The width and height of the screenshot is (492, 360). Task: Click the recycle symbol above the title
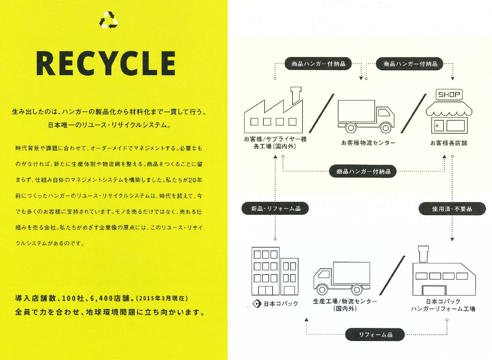pyautogui.click(x=109, y=19)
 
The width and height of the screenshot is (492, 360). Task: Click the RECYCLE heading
pyautogui.click(x=106, y=64)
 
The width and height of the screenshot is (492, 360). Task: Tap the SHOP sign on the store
pyautogui.click(x=448, y=95)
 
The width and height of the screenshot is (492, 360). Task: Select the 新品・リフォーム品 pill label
pyautogui.click(x=276, y=208)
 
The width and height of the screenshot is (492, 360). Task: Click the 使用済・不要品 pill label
pyautogui.click(x=452, y=209)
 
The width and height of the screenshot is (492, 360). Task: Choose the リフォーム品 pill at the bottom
pyautogui.click(x=375, y=335)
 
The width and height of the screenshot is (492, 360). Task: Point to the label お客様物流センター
pyautogui.click(x=368, y=143)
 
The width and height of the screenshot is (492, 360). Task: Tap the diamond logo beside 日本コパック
pyautogui.click(x=257, y=304)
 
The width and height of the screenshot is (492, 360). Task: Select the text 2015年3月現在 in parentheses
pyautogui.click(x=162, y=297)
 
